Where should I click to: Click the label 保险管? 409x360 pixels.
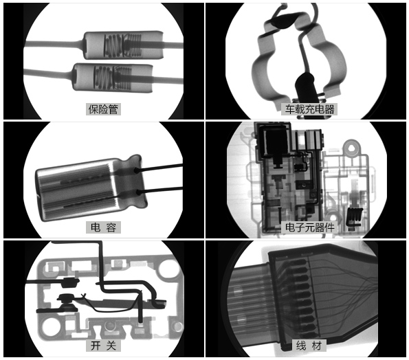103,109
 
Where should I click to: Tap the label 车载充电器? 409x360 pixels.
309,109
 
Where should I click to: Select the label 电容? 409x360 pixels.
103,227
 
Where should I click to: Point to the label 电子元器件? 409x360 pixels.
309,227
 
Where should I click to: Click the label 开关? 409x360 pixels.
103,346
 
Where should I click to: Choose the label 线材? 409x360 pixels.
309,346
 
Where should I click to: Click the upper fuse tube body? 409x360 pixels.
123,45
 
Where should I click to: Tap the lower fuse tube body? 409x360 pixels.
113,78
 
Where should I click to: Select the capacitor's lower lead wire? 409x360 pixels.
159,191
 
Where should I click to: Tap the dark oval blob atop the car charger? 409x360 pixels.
283,21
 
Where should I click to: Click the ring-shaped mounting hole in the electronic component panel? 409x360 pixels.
352,148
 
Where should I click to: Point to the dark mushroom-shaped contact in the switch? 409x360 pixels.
67,302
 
